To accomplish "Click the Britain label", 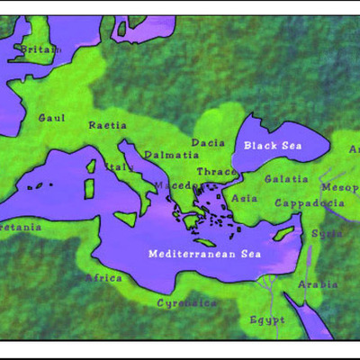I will pos(41,49).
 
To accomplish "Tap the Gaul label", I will pos(52,118).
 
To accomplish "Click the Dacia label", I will pos(207,142).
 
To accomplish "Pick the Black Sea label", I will pos(274,146).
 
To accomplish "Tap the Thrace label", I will pos(217,172).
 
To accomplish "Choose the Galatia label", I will pos(286,180).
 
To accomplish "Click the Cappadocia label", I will pos(309,202).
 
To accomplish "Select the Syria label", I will pos(326,233).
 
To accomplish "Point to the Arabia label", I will pos(318,284).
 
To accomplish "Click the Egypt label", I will pos(266,319).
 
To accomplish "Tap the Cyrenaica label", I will pos(186,303).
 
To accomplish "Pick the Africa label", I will pos(103,278).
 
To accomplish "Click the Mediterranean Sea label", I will pos(204,254).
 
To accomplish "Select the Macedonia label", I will pos(175,186).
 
